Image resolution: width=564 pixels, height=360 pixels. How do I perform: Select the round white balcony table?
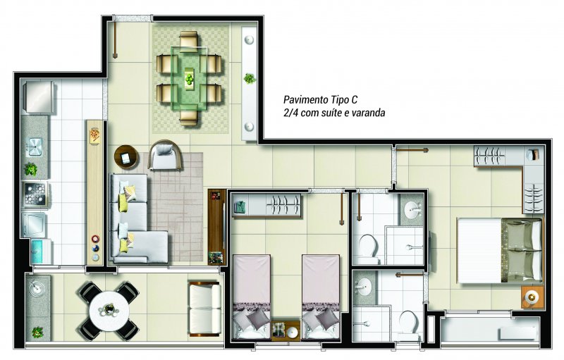tap(109, 310)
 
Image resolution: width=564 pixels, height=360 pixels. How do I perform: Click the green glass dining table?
tap(189, 77)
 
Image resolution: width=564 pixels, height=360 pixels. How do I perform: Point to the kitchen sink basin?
tap(35, 147)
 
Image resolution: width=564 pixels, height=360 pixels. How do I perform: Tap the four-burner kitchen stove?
tap(35, 194)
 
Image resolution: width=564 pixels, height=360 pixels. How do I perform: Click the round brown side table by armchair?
tap(126, 157)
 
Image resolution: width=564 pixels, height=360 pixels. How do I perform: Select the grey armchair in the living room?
tap(166, 155)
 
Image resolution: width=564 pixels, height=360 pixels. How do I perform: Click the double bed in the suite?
tap(500, 250)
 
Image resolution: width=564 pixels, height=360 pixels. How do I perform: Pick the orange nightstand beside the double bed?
tap(532, 297)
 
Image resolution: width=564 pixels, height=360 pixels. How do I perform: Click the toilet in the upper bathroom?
tap(368, 247)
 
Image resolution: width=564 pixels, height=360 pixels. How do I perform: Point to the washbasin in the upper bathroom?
tap(412, 209)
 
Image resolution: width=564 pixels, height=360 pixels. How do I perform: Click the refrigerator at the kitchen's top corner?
tap(39, 97)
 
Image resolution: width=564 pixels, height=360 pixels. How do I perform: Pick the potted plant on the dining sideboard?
tap(249, 78)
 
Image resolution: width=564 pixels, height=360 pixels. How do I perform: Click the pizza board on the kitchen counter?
tap(95, 136)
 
